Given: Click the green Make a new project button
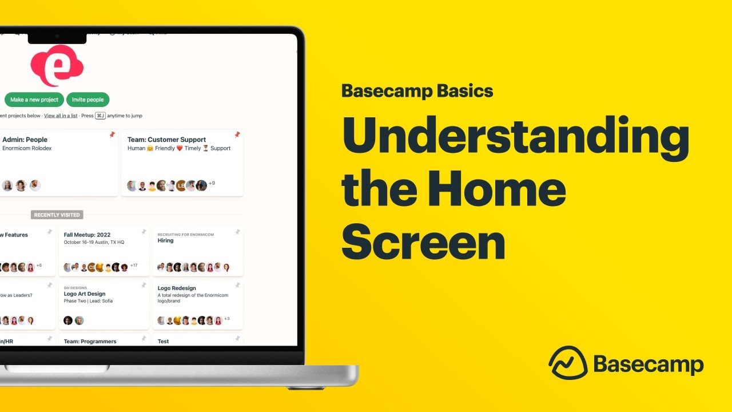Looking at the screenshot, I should pyautogui.click(x=34, y=100).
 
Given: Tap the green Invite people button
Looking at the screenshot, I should pyautogui.click(x=87, y=100).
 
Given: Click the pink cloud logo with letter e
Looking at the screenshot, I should pyautogui.click(x=57, y=66).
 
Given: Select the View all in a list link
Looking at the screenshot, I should pyautogui.click(x=61, y=116).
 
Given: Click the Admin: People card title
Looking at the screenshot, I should pyautogui.click(x=25, y=140).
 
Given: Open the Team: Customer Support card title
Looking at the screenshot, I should pyautogui.click(x=166, y=140).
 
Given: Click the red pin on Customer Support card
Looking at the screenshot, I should pyautogui.click(x=237, y=135).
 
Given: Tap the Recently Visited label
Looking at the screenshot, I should pyautogui.click(x=57, y=215).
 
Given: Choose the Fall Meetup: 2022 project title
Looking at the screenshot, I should pyautogui.click(x=87, y=235).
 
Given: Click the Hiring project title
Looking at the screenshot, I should pyautogui.click(x=165, y=241).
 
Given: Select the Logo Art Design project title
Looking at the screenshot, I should pyautogui.click(x=85, y=294).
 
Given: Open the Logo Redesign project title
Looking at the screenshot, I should pyautogui.click(x=177, y=288).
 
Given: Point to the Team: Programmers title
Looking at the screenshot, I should pyautogui.click(x=90, y=342).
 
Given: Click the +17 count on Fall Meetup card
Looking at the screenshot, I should pyautogui.click(x=134, y=266).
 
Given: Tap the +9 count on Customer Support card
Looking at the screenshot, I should pyautogui.click(x=212, y=183).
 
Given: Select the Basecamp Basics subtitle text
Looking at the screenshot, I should pyautogui.click(x=417, y=91).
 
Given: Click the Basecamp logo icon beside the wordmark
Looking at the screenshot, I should pyautogui.click(x=568, y=363).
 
